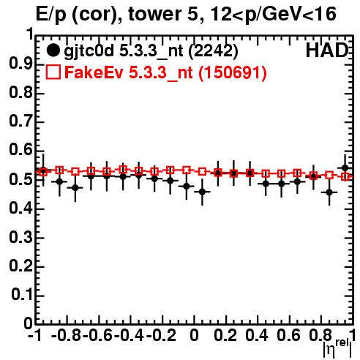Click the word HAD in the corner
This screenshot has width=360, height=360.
coord(327,50)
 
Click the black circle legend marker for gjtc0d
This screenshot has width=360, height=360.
coord(53,50)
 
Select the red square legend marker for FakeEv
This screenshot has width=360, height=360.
coord(53,72)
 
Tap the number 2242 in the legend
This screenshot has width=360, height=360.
coord(213,50)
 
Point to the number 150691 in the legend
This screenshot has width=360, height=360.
coord(233,72)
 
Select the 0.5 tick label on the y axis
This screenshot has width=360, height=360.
coord(20,179)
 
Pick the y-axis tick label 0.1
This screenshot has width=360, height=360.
coord(22,295)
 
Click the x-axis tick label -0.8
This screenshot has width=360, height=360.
coord(66,335)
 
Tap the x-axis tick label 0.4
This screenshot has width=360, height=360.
coord(257,335)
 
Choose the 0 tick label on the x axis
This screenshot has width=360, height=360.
coord(194,335)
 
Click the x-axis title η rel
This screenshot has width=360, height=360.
coord(337,348)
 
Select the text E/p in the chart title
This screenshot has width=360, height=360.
coord(51,15)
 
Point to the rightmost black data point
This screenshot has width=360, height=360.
coord(345,168)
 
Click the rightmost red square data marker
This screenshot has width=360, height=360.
coord(345,176)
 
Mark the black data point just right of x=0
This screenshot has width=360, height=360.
coord(202,192)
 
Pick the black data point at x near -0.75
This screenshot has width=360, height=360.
coord(75,188)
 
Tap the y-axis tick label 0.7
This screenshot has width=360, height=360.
coord(20,121)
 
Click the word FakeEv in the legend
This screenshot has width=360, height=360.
coord(94,72)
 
